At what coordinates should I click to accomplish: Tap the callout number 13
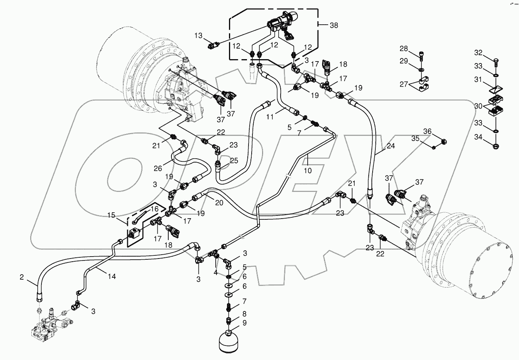199,36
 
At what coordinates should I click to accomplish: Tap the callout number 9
245,323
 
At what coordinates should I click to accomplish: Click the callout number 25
234,161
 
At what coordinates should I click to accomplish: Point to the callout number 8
245,313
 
